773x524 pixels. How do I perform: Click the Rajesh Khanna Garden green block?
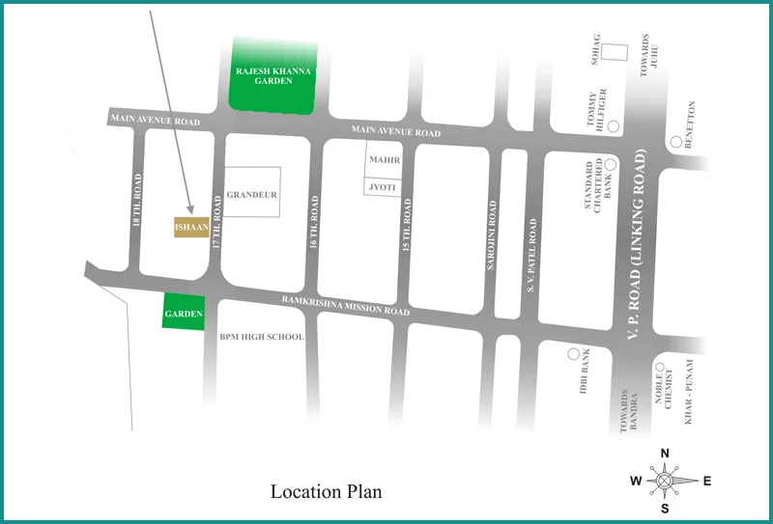click(275, 75)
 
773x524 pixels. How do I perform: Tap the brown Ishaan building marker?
click(191, 227)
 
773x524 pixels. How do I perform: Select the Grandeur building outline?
click(252, 192)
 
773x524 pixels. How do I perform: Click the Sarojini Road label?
click(492, 234)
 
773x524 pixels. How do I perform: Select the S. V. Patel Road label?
click(530, 255)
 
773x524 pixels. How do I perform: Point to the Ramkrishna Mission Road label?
click(346, 306)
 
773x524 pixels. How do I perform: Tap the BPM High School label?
click(262, 337)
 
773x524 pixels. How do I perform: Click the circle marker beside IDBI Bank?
click(574, 355)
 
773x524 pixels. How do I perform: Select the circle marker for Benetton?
click(675, 142)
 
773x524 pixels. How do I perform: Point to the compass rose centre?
click(665, 480)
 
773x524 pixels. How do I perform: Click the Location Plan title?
click(326, 492)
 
